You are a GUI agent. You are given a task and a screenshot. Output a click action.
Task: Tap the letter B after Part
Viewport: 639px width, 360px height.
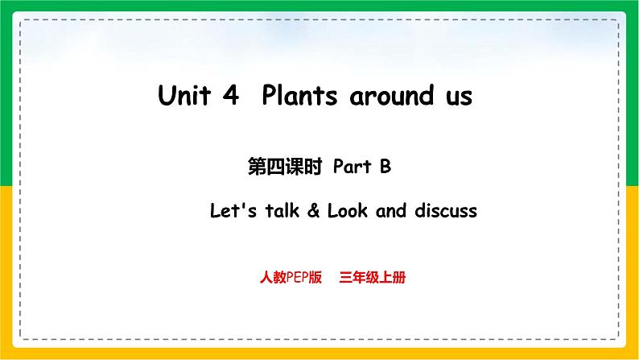click(x=385, y=168)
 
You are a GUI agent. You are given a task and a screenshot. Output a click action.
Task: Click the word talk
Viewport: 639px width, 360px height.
click(x=274, y=211)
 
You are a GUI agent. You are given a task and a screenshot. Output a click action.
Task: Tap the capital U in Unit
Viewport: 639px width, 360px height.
click(x=167, y=97)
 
